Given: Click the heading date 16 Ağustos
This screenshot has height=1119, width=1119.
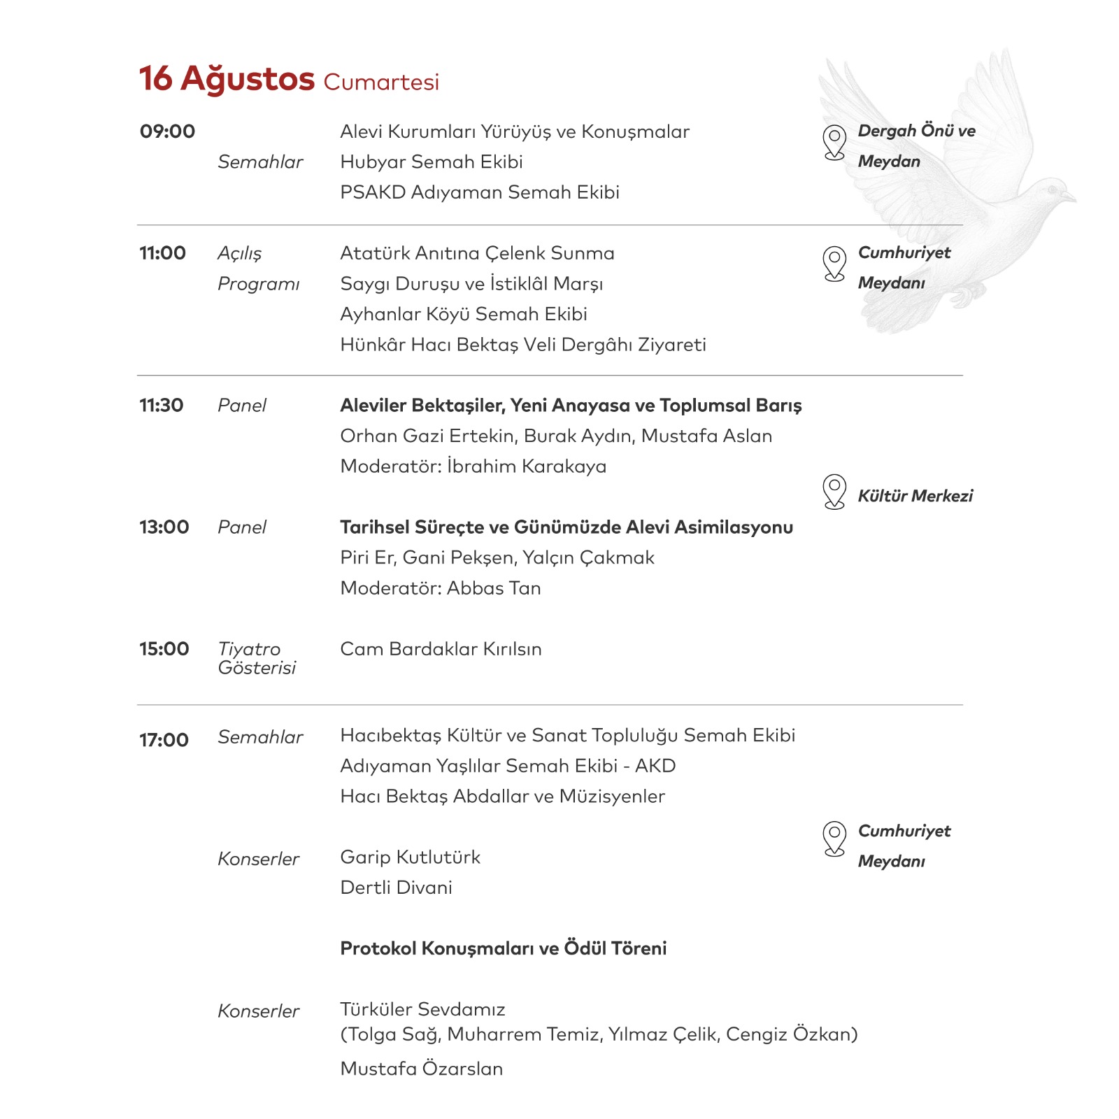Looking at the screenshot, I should (x=227, y=78).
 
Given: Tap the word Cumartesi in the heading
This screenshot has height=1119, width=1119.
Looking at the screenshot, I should (x=381, y=82).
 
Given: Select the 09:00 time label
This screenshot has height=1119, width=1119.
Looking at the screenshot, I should (x=167, y=131).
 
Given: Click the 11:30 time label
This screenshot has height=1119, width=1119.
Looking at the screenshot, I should (x=161, y=406).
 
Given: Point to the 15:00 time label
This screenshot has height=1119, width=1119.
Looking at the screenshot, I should (x=164, y=649).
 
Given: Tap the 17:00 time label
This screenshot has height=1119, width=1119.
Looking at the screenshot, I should (x=164, y=740).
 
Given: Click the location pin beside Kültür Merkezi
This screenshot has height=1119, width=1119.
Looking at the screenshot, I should (x=834, y=492).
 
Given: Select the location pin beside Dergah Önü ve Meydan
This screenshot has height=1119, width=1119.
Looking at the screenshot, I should (x=834, y=142).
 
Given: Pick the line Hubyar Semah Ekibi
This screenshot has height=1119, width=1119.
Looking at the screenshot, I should (x=432, y=162).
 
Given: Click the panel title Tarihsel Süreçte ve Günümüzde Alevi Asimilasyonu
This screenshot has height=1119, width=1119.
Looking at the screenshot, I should (x=566, y=527).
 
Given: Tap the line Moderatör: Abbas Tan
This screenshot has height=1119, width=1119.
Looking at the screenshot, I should (x=441, y=588).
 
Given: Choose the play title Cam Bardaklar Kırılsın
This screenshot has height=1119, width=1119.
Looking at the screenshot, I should (x=441, y=649).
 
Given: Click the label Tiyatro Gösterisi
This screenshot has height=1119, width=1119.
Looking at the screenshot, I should (x=256, y=658).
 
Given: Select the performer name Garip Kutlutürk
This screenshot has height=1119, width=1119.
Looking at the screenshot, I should (x=410, y=857).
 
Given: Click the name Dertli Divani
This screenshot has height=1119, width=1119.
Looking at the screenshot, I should (x=396, y=888).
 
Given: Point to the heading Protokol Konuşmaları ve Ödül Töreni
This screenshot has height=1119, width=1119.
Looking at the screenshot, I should (x=504, y=948).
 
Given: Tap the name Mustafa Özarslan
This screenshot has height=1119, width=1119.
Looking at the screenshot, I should (x=421, y=1069).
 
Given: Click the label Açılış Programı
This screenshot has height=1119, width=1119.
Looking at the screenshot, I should (x=258, y=269).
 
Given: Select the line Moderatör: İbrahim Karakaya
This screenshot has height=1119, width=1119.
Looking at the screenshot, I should (x=473, y=466).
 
